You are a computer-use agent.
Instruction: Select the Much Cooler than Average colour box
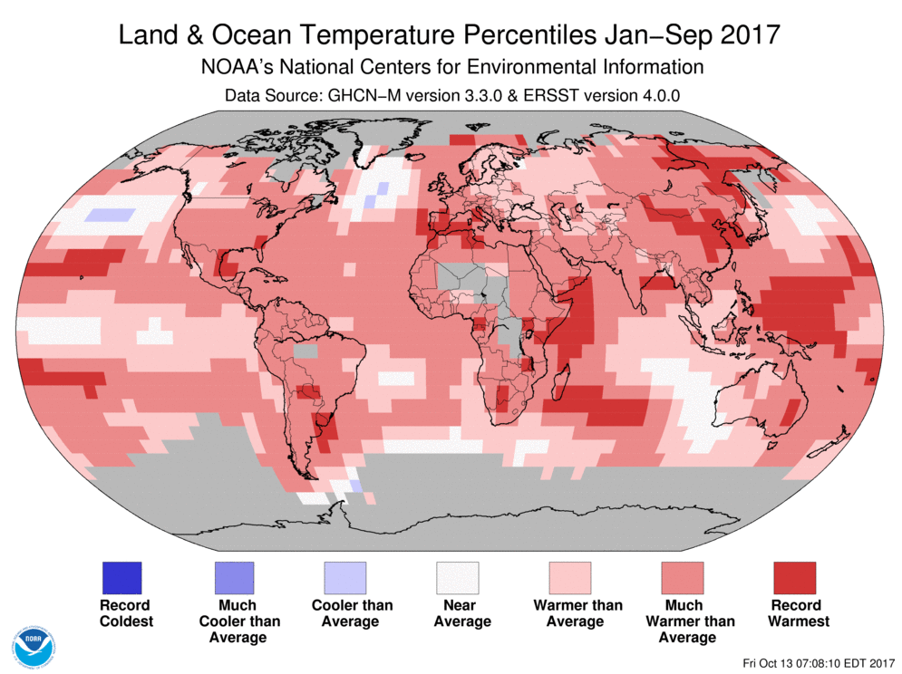234,577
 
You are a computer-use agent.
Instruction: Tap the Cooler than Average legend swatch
345,577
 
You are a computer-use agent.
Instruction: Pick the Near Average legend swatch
458,577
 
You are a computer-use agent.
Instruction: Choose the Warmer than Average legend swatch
569,577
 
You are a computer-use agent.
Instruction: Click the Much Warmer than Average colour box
682,577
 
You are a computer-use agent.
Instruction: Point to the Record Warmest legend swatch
794,577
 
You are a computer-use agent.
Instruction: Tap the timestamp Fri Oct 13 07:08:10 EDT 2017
817,661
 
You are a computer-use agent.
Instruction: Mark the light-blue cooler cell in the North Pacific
115,215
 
